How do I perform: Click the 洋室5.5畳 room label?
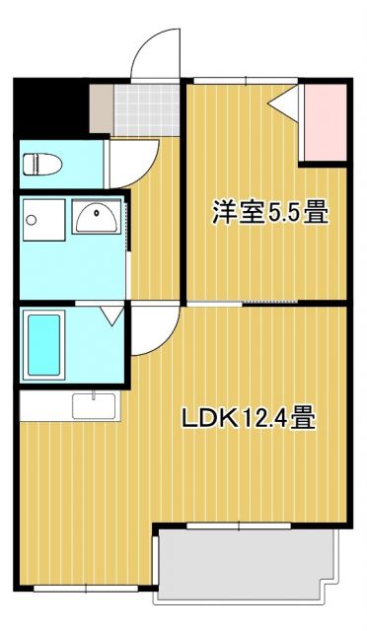[x=269, y=212]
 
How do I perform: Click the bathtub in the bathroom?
[x=44, y=345]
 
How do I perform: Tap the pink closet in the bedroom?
[x=323, y=123]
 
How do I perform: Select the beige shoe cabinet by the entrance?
[x=100, y=108]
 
